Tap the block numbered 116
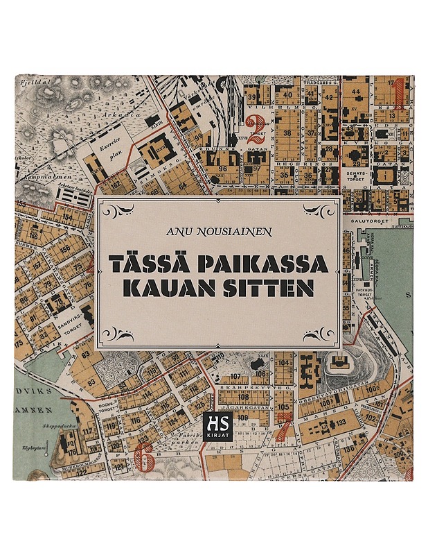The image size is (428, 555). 135,420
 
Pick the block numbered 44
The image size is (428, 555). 355,92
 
